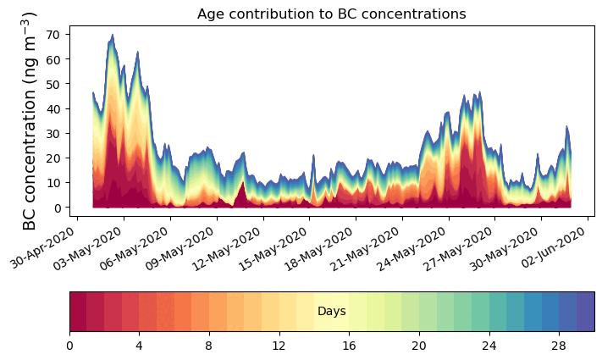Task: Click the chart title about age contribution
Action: [x=331, y=14]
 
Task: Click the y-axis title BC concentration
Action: [x=30, y=120]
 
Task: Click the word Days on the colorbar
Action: [x=331, y=312]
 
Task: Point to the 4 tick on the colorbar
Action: [x=139, y=346]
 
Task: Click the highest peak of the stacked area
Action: [x=112, y=36]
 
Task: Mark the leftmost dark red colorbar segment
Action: [x=78, y=312]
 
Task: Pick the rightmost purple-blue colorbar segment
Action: [x=585, y=312]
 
